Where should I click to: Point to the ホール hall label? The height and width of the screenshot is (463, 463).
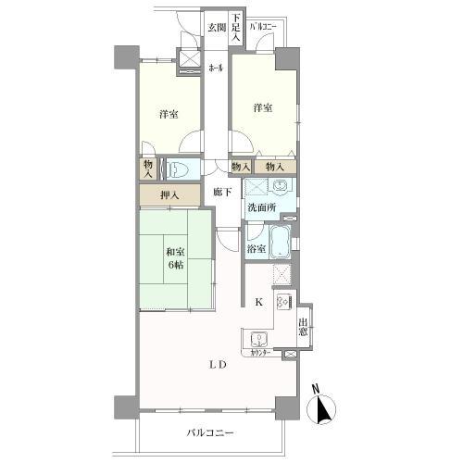point(216,68)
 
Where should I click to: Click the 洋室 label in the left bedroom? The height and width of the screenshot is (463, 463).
point(168,114)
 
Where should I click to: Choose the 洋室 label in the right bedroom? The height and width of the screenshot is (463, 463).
point(263,107)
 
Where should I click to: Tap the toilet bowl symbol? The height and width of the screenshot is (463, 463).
point(181,169)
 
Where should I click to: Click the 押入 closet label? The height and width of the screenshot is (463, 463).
point(169,195)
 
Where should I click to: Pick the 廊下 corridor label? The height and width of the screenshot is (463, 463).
point(221,192)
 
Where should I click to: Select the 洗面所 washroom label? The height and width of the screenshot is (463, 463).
point(259,206)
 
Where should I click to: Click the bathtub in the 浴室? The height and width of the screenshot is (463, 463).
point(283,243)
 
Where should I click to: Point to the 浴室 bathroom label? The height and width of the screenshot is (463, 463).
point(257,248)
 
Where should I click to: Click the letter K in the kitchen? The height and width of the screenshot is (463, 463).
point(259,303)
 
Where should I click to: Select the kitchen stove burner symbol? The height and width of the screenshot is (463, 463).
point(283,303)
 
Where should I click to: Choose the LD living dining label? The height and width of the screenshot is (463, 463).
point(218,364)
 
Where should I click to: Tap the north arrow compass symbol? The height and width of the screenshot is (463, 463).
point(324,405)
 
